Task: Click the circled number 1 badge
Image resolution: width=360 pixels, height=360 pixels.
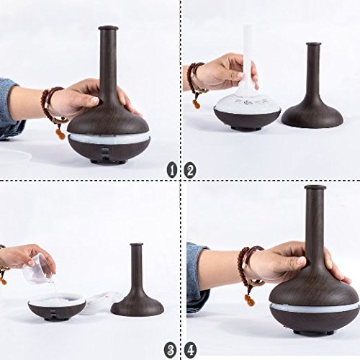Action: (172, 170)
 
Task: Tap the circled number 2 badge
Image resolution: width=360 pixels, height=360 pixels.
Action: (190, 170)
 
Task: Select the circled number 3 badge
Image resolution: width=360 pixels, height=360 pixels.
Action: (170, 350)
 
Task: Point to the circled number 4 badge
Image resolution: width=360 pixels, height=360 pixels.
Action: (190, 350)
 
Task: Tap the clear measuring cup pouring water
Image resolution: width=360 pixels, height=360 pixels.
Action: (38, 269)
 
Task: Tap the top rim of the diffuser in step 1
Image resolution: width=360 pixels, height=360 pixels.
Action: (108, 28)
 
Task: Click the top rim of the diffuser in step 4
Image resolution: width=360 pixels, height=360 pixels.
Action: (315, 187)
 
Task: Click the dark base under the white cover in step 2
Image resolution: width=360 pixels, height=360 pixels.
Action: (247, 119)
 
